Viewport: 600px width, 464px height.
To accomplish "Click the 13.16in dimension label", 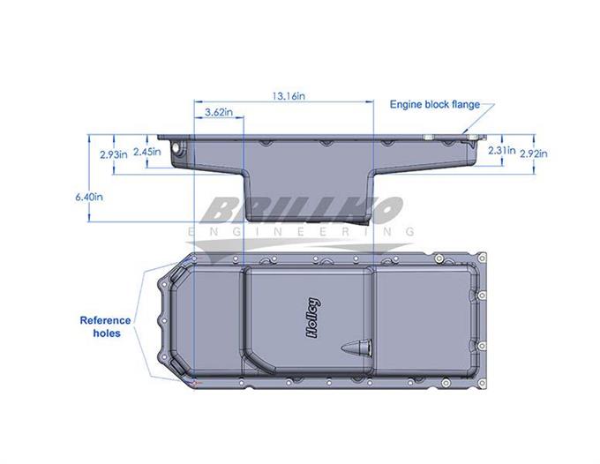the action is (x=289, y=95).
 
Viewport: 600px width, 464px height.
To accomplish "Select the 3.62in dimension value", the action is (x=219, y=112).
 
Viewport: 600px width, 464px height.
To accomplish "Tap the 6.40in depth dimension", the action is (x=89, y=197).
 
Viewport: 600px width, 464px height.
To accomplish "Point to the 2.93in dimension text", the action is (x=114, y=154).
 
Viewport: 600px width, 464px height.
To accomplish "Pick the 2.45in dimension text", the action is (x=147, y=152).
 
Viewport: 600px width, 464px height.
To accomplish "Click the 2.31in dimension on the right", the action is (x=502, y=150).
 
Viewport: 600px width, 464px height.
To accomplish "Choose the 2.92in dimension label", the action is (x=534, y=153).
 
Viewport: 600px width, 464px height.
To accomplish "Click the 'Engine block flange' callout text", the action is (x=435, y=104).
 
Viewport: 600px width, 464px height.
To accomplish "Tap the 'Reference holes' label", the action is (x=106, y=326).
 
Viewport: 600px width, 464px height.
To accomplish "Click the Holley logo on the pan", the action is (x=313, y=318).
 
